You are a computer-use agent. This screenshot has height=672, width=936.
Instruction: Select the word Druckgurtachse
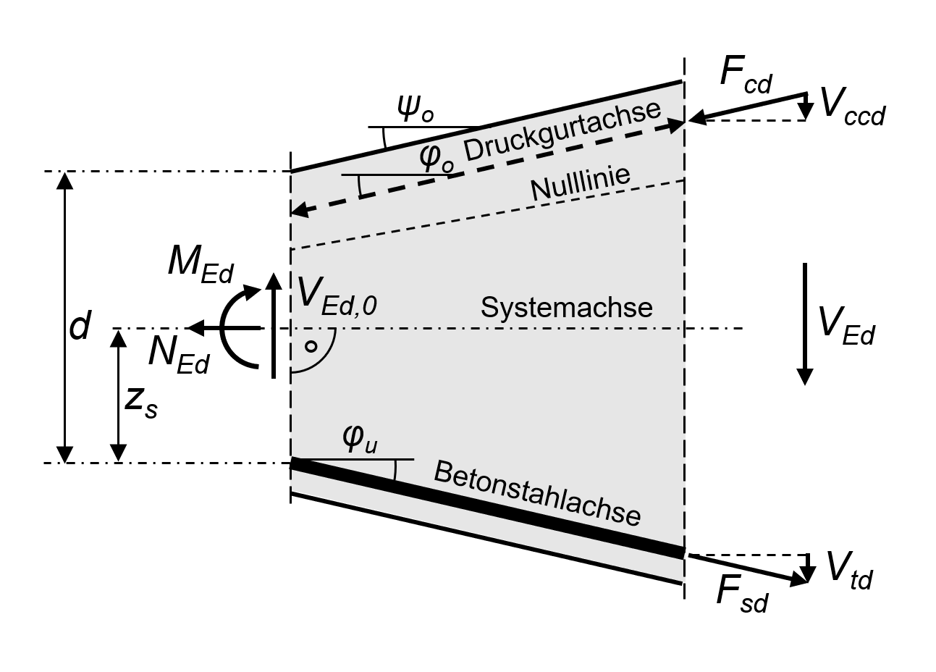click(x=562, y=130)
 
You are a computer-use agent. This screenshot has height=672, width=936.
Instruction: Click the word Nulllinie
click(x=581, y=185)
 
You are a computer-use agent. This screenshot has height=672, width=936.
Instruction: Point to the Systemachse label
click(x=567, y=308)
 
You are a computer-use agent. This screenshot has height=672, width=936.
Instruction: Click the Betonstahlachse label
click(x=537, y=494)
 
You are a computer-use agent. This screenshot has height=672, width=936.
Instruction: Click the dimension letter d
click(x=80, y=327)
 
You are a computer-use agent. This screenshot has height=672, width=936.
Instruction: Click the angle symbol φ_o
click(x=437, y=158)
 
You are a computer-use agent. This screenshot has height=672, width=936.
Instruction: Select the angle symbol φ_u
click(x=359, y=440)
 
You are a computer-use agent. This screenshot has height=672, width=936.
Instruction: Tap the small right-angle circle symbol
click(x=311, y=346)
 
